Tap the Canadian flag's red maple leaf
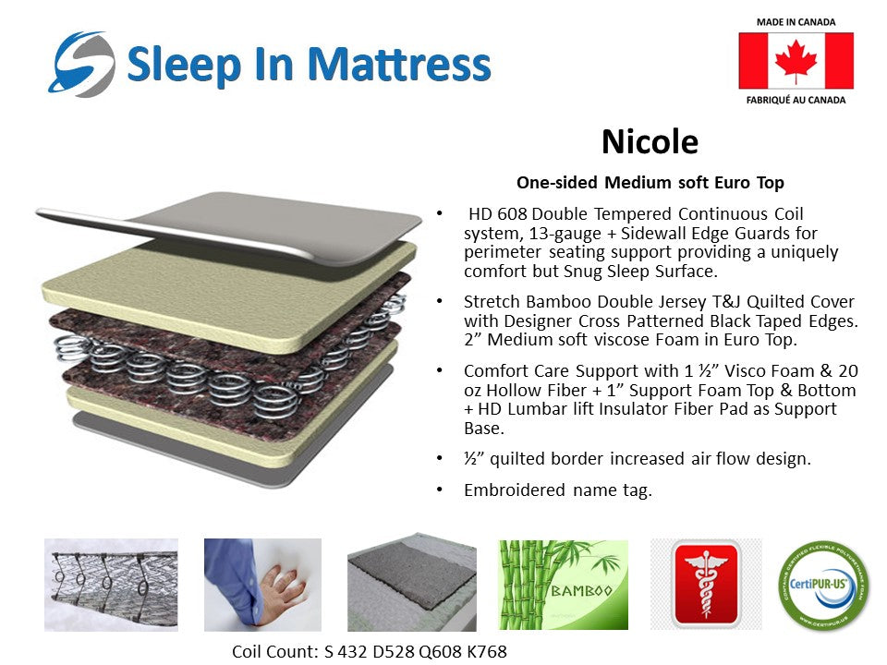796,61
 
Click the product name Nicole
650,141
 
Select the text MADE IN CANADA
796,21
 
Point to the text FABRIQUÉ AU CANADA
796,100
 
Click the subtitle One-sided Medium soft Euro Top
650,182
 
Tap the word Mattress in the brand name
399,65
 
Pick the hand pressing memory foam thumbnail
262,585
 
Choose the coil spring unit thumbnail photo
111,585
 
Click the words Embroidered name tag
557,490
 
